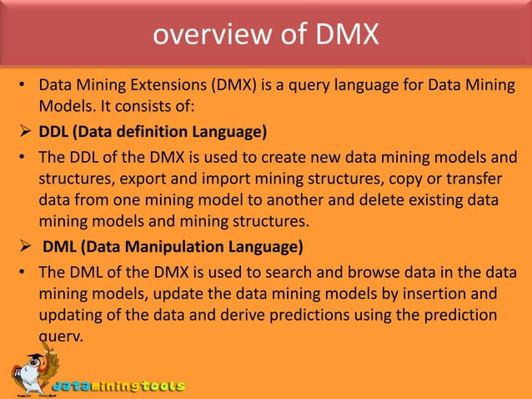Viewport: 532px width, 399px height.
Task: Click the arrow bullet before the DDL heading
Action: click(x=26, y=133)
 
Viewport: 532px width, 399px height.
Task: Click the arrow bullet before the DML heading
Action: click(x=26, y=247)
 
